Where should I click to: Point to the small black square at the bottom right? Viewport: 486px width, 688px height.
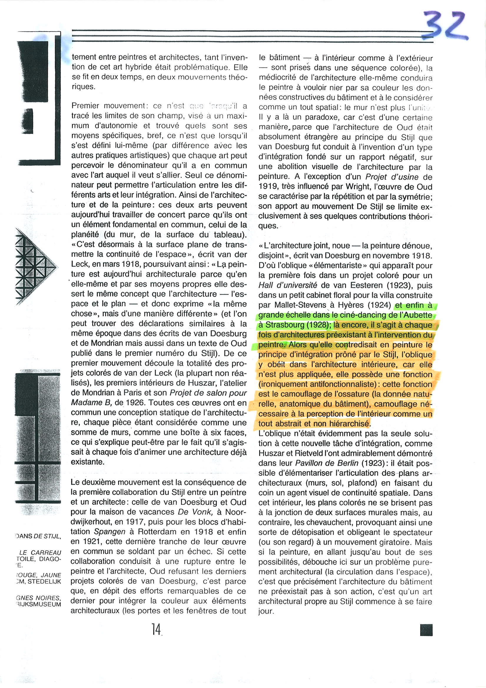(x=426, y=630)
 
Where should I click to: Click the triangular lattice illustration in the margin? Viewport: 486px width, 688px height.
(x=34, y=266)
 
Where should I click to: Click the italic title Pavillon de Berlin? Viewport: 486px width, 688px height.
(x=327, y=463)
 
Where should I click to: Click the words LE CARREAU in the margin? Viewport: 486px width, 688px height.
(x=40, y=552)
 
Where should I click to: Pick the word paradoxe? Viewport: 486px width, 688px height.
(x=341, y=118)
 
